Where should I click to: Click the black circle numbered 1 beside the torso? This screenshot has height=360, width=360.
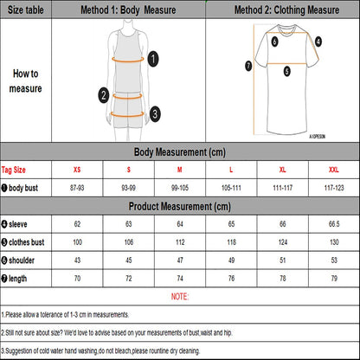153,58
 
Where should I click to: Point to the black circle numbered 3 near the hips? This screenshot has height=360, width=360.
154,112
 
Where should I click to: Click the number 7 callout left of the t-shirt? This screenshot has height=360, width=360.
249,65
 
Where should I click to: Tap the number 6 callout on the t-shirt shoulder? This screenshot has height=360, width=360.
274,41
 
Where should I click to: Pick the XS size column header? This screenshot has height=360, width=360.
77,170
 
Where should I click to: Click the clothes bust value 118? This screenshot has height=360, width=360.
230,241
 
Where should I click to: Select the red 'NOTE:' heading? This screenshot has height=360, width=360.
180,296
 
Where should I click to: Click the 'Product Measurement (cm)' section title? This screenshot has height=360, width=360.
180,207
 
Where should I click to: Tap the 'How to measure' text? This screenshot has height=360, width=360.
27,80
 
